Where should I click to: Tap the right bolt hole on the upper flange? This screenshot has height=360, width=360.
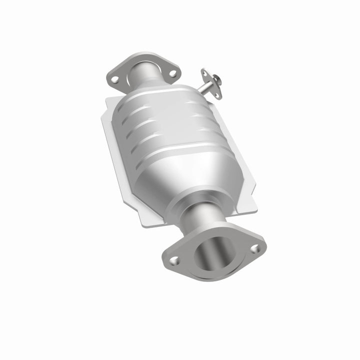tap(172, 73)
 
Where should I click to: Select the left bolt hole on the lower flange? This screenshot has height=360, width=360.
tap(174, 260)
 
